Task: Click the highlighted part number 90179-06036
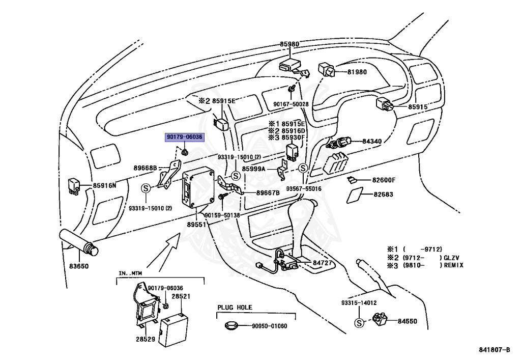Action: [184, 137]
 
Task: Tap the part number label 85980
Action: [289, 44]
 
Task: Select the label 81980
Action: [357, 72]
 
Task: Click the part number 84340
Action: [372, 141]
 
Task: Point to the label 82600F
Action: [384, 180]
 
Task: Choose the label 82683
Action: [383, 194]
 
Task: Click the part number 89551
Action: [196, 225]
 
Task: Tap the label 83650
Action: [79, 266]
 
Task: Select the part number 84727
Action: [322, 263]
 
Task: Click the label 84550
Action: [408, 321]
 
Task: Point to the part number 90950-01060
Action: [270, 326]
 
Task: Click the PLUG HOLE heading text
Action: [235, 308]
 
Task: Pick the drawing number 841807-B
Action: [495, 350]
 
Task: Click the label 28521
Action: [181, 296]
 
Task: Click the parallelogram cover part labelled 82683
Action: [355, 195]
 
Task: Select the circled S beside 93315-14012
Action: [359, 322]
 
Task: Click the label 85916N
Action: [104, 185]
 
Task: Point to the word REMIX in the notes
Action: [453, 265]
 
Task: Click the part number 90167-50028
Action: [291, 104]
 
